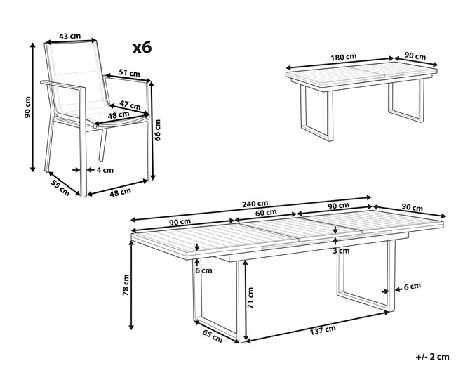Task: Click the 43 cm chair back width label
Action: [x=68, y=36]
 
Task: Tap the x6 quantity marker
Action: [x=142, y=48]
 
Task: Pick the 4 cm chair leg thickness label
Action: [x=105, y=169]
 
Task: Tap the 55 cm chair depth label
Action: [x=59, y=187]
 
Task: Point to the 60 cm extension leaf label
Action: [x=266, y=212]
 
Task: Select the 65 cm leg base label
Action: [x=212, y=336]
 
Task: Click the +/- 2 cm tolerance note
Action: [x=431, y=357]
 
